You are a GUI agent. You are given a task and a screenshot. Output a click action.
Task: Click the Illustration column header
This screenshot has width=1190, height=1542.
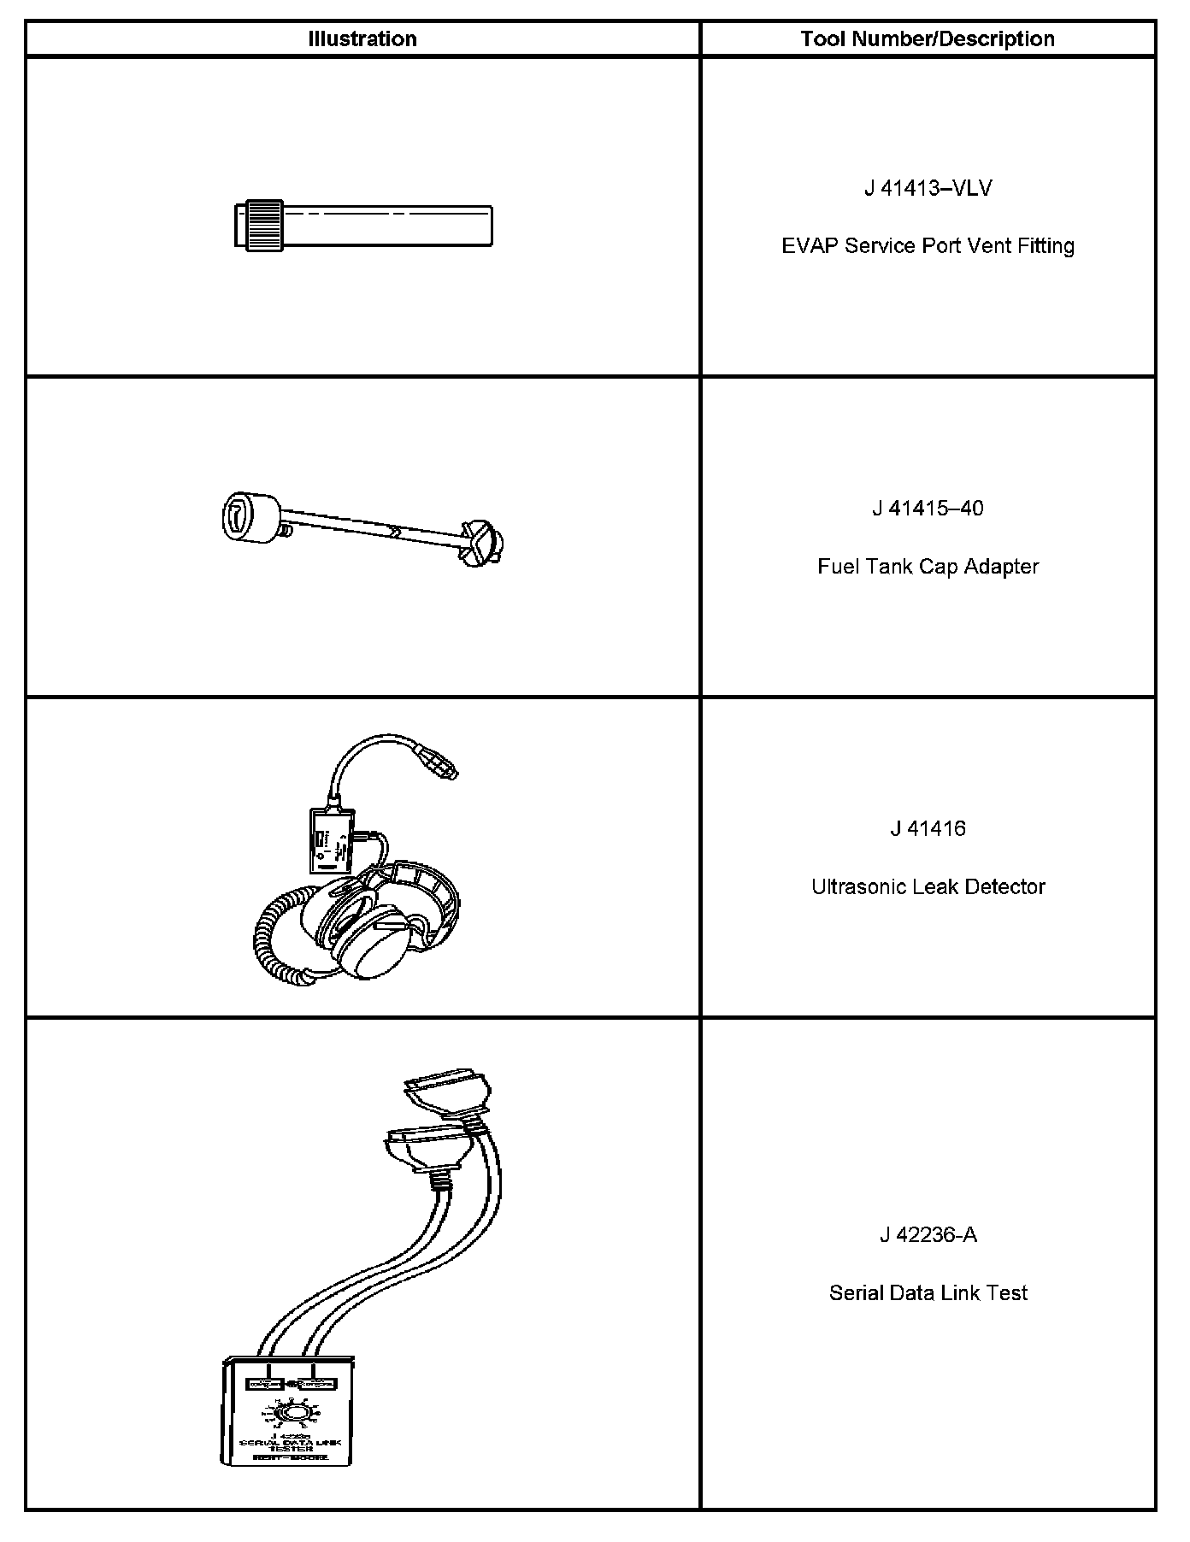362,39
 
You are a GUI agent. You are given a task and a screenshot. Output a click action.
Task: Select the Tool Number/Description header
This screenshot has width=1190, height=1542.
928,39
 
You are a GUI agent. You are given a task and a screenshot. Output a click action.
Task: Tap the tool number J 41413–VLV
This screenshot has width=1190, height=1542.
928,188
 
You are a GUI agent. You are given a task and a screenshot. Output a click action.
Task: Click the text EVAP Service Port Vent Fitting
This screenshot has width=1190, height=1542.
928,246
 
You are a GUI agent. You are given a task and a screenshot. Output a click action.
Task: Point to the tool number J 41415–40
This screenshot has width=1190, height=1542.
928,509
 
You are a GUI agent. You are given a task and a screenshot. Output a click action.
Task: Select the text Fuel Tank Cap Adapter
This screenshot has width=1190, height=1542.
928,567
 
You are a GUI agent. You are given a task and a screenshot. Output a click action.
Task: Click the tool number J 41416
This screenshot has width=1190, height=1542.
928,829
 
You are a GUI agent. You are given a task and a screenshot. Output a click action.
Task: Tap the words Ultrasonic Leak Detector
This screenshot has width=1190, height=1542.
928,887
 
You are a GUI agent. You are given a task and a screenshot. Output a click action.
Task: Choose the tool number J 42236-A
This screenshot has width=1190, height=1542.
928,1235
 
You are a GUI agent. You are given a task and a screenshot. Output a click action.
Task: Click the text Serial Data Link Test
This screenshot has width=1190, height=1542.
928,1293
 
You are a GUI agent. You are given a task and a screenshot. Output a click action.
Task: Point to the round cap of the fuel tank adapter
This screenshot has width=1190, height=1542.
246,518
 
